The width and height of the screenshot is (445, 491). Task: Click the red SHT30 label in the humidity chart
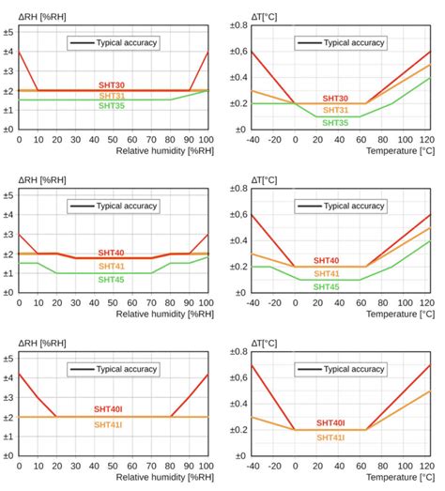coord(112,85)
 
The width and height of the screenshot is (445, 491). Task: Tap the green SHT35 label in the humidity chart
coord(112,106)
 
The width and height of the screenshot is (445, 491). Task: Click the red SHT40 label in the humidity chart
coord(112,252)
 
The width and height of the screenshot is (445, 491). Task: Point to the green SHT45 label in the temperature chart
coord(326,286)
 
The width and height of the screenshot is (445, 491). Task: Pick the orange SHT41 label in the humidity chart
coord(112,267)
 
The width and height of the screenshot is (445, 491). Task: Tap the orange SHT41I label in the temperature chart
coord(330,437)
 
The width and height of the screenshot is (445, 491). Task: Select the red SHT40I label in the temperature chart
coord(330,423)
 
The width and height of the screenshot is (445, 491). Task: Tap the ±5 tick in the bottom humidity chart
coord(8,358)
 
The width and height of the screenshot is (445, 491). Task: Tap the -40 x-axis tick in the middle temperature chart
coord(251,302)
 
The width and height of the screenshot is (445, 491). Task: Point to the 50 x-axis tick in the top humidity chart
coord(112,140)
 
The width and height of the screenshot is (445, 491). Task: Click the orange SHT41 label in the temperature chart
coord(326,273)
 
